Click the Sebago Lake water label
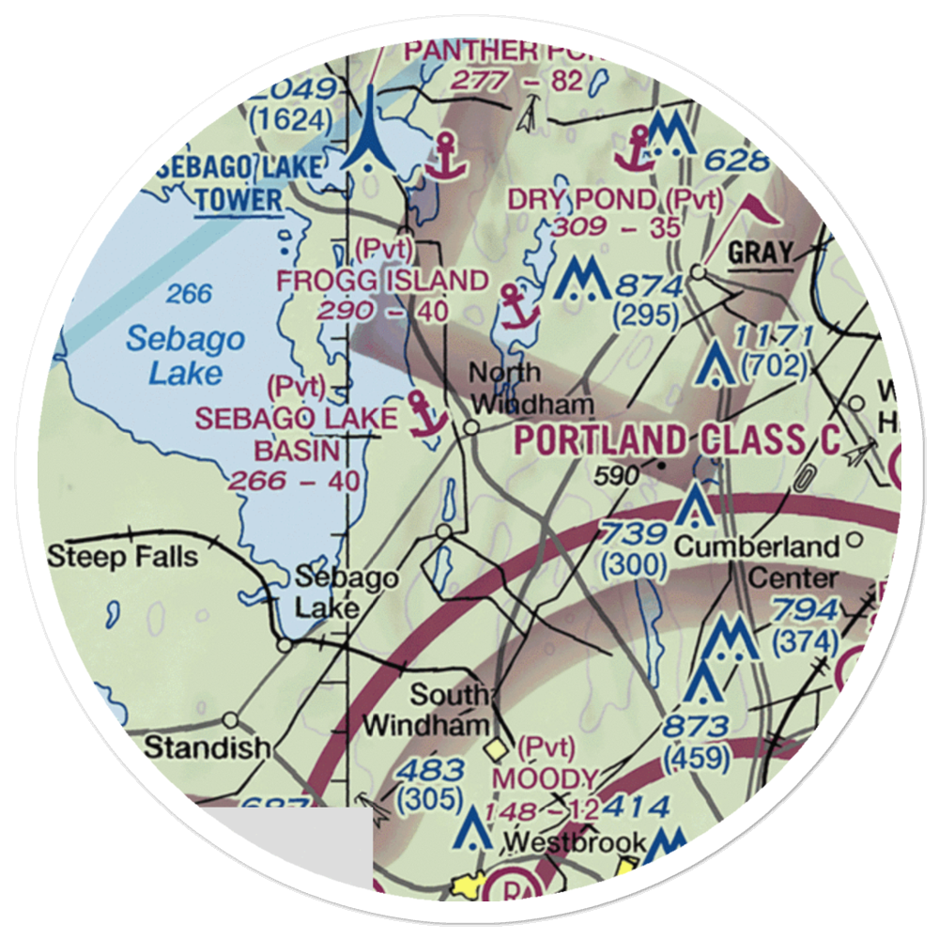185,356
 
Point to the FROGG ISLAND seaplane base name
382,280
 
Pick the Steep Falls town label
123,556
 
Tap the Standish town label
207,747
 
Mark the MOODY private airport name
545,778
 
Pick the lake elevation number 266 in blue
189,295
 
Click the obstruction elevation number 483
429,771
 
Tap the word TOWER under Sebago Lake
239,199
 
